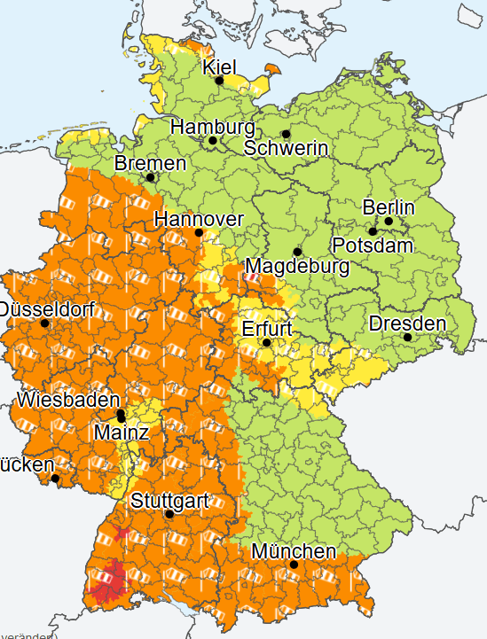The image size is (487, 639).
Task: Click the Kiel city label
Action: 221,66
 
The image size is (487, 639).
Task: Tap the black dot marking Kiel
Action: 219,81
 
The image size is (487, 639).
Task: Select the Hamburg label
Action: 212,127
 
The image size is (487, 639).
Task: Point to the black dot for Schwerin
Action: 286,135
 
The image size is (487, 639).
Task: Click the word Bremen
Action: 150,164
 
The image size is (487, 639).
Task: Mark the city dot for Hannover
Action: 199,233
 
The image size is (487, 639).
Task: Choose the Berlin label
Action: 389,207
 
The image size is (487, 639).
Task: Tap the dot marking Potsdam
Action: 373,230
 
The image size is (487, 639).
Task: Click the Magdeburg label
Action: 297,265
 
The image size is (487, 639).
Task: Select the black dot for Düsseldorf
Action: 45,323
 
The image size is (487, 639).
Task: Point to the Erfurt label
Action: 267,329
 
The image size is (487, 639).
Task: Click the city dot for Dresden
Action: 407,337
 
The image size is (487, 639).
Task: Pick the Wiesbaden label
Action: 68,400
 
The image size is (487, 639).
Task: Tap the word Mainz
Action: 122,432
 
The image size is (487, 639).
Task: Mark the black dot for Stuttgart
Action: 169,514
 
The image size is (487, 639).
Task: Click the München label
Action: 294,551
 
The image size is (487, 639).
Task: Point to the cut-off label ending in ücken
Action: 27,464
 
